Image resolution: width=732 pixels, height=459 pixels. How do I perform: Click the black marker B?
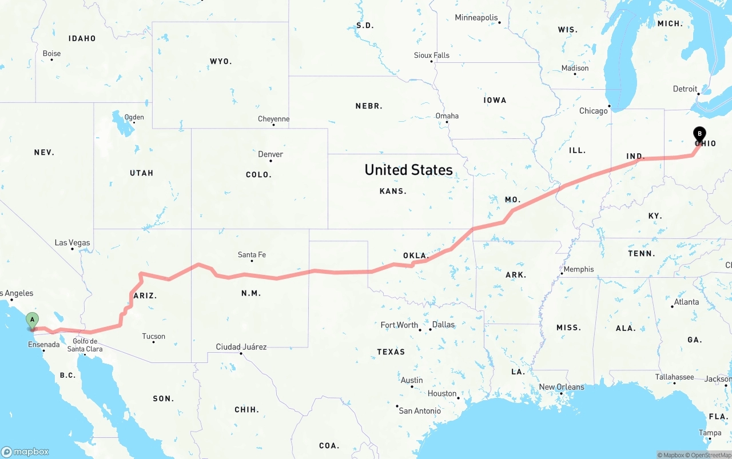pos(699,134)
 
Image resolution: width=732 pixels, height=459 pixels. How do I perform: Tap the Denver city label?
pos(270,154)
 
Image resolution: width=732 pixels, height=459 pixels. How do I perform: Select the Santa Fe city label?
pos(252,255)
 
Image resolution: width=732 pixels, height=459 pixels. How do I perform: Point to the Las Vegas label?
pos(73,243)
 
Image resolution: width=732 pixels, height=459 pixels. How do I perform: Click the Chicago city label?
pos(594,111)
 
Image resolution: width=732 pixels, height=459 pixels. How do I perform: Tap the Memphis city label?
pos(579,269)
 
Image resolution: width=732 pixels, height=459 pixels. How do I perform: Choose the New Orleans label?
pos(562,387)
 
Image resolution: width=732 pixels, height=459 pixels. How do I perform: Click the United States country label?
pos(408,170)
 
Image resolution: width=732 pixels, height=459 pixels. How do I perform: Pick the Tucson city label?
pos(154,336)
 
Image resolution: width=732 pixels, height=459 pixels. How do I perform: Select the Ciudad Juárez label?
pos(241,347)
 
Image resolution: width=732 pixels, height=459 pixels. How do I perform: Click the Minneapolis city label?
pos(476,18)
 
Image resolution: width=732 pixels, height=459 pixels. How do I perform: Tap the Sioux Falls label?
pos(432,55)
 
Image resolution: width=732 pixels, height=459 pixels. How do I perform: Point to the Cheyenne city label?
pos(273,119)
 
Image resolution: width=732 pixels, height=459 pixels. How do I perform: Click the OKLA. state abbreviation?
pos(416,256)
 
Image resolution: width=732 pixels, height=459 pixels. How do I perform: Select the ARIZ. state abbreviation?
pos(145,296)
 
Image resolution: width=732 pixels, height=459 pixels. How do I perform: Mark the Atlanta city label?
pos(686,302)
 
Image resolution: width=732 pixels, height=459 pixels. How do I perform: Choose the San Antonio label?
pos(420,411)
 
